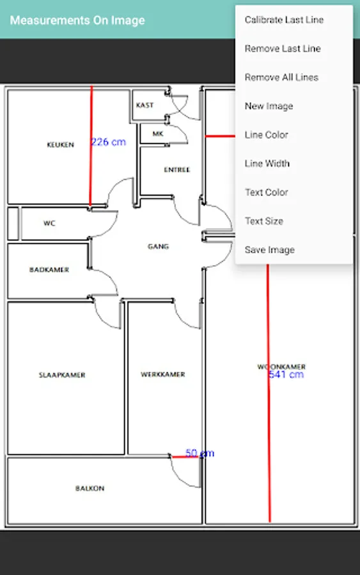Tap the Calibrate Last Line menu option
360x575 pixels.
[284, 20]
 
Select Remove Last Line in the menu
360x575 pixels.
[283, 49]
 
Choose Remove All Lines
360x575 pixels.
[281, 77]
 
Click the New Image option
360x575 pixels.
[269, 106]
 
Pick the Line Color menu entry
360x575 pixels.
[266, 135]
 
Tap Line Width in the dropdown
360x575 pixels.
[267, 164]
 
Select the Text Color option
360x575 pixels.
[266, 192]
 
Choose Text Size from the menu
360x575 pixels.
[264, 221]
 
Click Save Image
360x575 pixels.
[269, 250]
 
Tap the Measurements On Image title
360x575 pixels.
[77, 20]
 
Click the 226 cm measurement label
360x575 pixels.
[108, 142]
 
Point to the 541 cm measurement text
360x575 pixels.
[286, 374]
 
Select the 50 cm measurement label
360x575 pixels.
[200, 453]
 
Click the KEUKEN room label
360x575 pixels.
[61, 145]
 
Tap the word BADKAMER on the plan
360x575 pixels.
[49, 270]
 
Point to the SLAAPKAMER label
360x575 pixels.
[62, 375]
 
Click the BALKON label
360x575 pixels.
[90, 489]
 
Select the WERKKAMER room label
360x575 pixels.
[163, 374]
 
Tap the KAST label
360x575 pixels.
[145, 105]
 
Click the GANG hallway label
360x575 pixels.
[158, 247]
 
